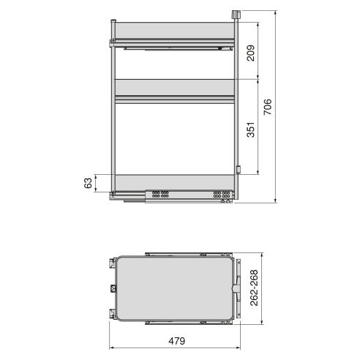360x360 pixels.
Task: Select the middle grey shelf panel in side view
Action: click(173, 88)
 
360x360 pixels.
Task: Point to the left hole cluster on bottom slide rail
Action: click(160, 195)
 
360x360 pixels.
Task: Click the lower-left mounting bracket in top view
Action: click(111, 314)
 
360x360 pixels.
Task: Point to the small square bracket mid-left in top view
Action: click(112, 287)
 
